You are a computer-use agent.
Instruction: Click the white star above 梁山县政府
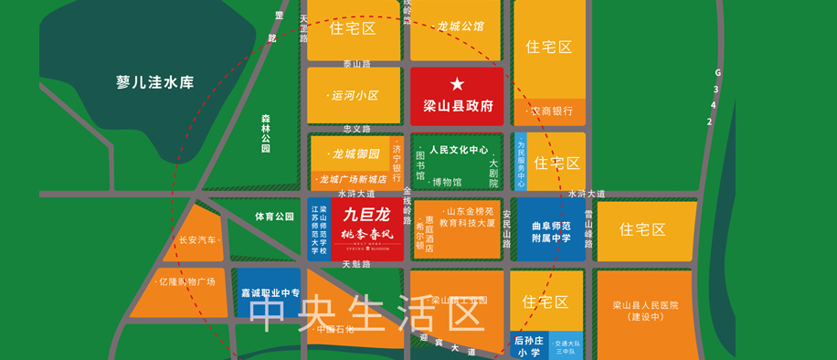coord(457,84)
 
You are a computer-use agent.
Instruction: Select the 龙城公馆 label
coord(461,26)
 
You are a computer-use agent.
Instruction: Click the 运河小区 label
coord(353,96)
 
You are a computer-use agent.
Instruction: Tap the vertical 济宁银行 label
coord(397,162)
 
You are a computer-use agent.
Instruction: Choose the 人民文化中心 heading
coord(459,149)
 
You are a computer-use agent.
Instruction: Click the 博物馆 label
coord(445,183)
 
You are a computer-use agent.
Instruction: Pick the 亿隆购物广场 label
coord(186,281)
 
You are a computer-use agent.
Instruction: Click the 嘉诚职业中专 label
coord(270,293)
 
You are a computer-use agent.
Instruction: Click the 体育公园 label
coord(274,217)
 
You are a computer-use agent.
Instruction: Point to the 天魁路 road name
coord(356,264)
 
